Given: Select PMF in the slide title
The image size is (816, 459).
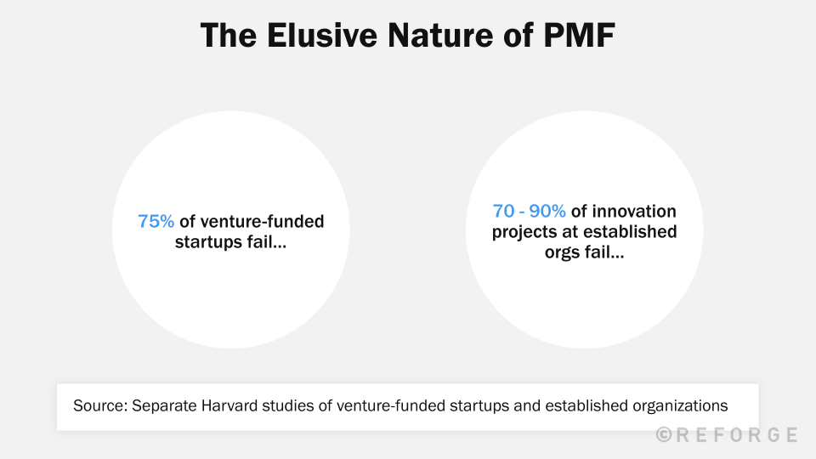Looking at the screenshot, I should coord(581,36).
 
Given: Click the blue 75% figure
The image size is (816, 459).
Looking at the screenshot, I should coord(156,222).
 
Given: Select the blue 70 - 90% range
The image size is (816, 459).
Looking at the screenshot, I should coord(529,212).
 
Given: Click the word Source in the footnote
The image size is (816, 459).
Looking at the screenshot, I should coord(98,405).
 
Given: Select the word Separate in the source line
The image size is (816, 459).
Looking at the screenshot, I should coord(159,405).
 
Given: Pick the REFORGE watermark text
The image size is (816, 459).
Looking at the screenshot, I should coord(737,435).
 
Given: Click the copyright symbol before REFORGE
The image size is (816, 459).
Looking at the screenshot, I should coord(665,435).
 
